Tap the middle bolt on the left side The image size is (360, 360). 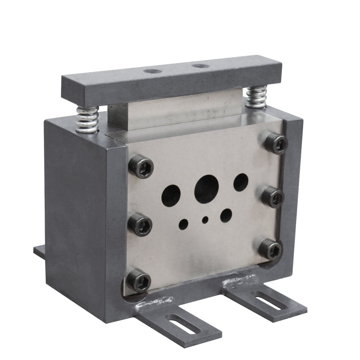pyautogui.click(x=140, y=224)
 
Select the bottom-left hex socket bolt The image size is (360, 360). pyautogui.click(x=139, y=280)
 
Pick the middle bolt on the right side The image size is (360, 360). pyautogui.click(x=273, y=197)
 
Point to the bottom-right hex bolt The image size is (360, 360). pyautogui.click(x=270, y=249)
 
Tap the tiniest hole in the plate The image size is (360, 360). pyautogui.click(x=206, y=219)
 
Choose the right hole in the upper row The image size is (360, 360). pyautogui.click(x=241, y=182)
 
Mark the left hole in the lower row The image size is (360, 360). pyautogui.click(x=183, y=224)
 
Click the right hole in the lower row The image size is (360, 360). pyautogui.click(x=226, y=215)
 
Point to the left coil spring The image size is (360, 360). pyautogui.click(x=87, y=120)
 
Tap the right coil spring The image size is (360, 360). pyautogui.click(x=256, y=97)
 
